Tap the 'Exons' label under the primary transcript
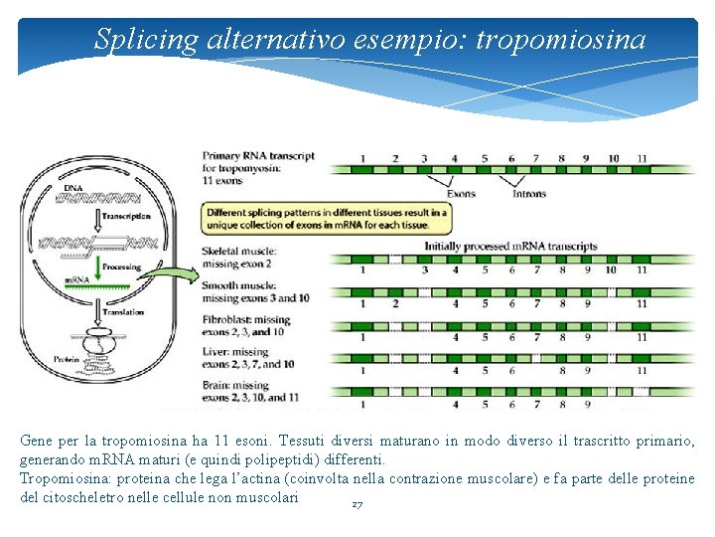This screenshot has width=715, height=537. (461, 194)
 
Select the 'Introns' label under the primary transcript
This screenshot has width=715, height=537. (529, 194)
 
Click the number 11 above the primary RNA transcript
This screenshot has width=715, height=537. (643, 158)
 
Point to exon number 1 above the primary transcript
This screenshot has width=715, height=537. (362, 158)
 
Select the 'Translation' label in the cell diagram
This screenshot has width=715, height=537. (120, 312)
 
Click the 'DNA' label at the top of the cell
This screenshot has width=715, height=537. (73, 188)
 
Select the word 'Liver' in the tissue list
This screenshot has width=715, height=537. (215, 352)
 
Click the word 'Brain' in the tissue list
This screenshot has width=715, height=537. (217, 385)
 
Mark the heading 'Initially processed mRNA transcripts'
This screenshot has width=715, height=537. (510, 246)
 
